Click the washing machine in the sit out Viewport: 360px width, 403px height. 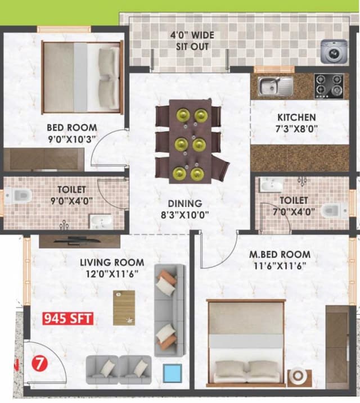pos(332,52)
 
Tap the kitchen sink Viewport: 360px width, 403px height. pos(276,86)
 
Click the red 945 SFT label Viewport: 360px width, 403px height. pos(68,319)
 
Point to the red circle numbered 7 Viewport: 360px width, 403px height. pos(38,361)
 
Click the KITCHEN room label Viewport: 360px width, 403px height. pos(296,117)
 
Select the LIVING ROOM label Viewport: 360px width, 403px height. pos(111,262)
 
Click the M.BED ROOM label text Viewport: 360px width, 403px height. pos(280,255)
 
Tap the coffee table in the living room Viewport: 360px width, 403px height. pos(124,307)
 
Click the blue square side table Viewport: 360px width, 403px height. pos(172,373)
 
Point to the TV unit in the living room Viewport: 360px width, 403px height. pos(79,241)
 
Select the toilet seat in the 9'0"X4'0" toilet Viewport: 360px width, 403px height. pos(21,196)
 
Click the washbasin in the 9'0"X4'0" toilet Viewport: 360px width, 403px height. pos(101,221)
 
